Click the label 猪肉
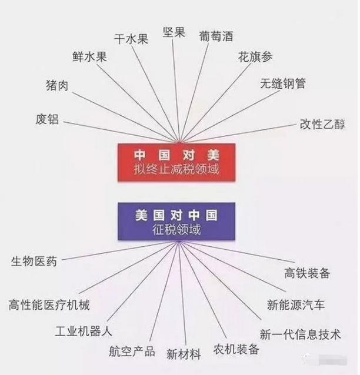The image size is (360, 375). pos(57,85)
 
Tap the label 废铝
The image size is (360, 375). pos(47,119)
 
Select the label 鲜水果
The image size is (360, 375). pos(89,57)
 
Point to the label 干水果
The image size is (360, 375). pos(131,39)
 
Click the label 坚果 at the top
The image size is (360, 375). pos(174,32)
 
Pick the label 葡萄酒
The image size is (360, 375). pos(216,36)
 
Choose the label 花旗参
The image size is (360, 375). pos(255,57)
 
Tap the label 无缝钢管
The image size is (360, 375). pos(283,83)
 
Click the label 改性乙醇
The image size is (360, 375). pos(322,124)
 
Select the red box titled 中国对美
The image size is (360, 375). pos(176,162)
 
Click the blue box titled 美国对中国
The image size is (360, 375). pos(176,221)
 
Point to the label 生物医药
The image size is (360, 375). pos(34,261)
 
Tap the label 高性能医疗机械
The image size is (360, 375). pos(49,305)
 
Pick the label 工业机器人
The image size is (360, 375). pos(84,332)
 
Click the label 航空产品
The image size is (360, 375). pos(132,351)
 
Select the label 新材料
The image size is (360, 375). pos(184,354)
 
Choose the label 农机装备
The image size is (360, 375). pos(236,349)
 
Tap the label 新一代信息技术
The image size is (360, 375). pos(301,334)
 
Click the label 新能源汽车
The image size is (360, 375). pos(296,305)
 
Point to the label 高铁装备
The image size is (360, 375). pos(307,273)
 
